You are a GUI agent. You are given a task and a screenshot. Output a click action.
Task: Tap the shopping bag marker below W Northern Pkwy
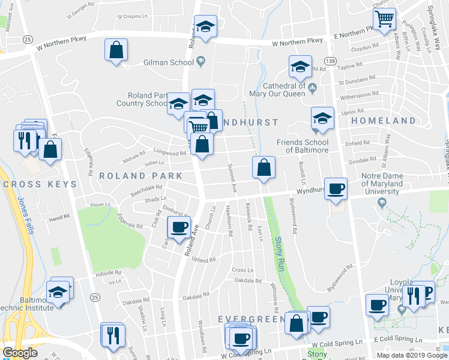tap(116, 50)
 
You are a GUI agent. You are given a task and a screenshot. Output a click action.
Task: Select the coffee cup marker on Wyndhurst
tap(336, 189)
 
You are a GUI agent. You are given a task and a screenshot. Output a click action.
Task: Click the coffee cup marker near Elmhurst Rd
tap(179, 227)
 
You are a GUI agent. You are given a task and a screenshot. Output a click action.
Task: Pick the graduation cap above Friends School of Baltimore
tap(322, 119)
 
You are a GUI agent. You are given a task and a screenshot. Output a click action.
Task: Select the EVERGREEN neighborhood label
tap(250, 319)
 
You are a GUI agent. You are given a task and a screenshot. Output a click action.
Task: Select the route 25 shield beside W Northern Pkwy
tap(28, 39)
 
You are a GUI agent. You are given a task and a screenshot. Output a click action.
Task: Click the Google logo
tap(20, 353)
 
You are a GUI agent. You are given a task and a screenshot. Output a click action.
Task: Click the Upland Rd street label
tap(203, 260)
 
